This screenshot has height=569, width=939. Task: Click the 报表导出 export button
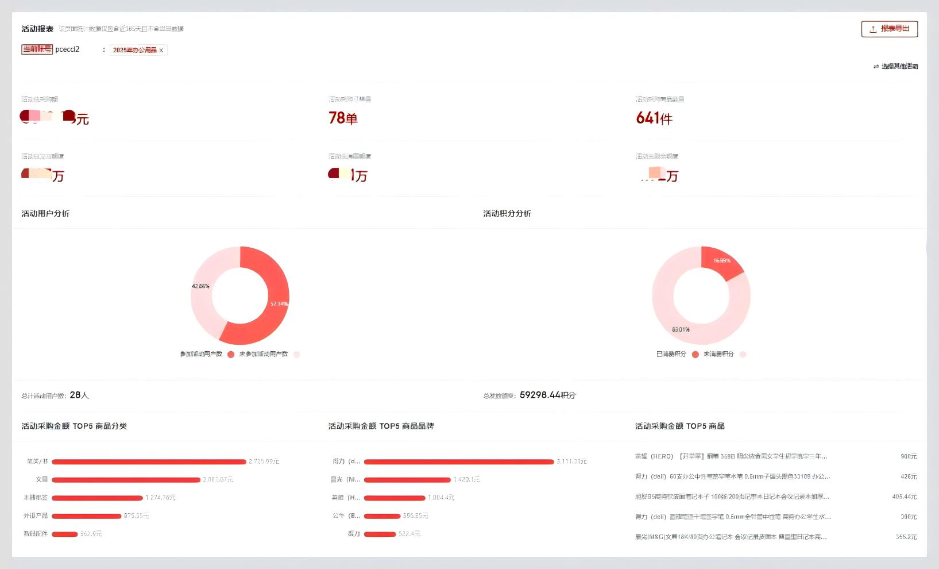889,29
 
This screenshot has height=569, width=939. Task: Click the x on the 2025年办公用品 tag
161,51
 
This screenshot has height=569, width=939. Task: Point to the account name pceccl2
67,49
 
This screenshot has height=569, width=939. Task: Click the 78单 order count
343,118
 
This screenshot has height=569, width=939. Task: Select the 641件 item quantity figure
654,118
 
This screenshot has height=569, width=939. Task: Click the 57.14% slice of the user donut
270,310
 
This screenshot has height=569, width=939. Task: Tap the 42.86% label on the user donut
200,286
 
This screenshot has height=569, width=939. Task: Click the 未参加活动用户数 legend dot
296,355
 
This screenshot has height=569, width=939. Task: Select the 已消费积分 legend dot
695,355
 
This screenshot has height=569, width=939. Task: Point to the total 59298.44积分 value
547,395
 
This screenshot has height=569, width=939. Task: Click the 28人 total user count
79,395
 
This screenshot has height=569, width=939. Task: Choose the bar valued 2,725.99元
149,462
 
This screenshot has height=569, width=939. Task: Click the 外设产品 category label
36,516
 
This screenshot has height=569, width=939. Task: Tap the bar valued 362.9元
64,534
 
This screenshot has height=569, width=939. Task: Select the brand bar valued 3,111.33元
458,462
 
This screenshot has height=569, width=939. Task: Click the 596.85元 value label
415,516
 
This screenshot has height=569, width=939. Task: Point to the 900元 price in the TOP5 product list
908,456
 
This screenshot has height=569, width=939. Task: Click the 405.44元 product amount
904,497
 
